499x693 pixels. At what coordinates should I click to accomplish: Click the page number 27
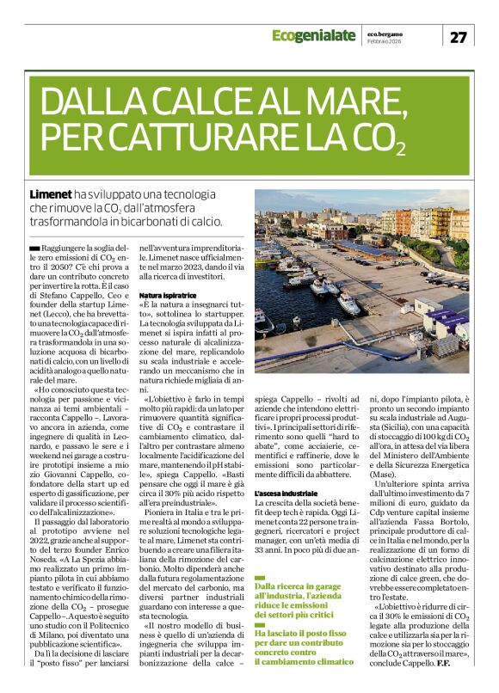[x=459, y=36]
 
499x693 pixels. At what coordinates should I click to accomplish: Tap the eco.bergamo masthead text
[x=384, y=32]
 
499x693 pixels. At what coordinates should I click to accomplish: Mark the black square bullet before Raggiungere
[x=34, y=248]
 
